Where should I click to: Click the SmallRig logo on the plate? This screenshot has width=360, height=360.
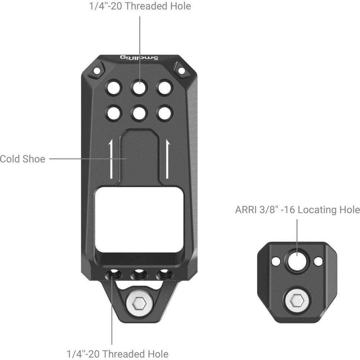(x=139, y=58)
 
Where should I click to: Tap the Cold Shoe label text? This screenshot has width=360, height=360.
(x=22, y=159)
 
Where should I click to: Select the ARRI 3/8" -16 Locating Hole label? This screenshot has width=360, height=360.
(x=297, y=210)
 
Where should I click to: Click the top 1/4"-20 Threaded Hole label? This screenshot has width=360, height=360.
(x=139, y=6)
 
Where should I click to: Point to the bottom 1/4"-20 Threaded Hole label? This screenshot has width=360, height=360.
(x=117, y=354)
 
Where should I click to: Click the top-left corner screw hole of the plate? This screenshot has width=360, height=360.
(x=96, y=71)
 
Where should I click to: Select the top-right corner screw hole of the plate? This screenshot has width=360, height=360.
(x=181, y=71)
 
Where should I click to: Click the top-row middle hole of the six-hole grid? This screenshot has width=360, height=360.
(x=139, y=87)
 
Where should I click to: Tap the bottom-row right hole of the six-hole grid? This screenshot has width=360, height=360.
(x=165, y=113)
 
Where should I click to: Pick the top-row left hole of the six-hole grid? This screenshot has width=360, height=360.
(x=114, y=87)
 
